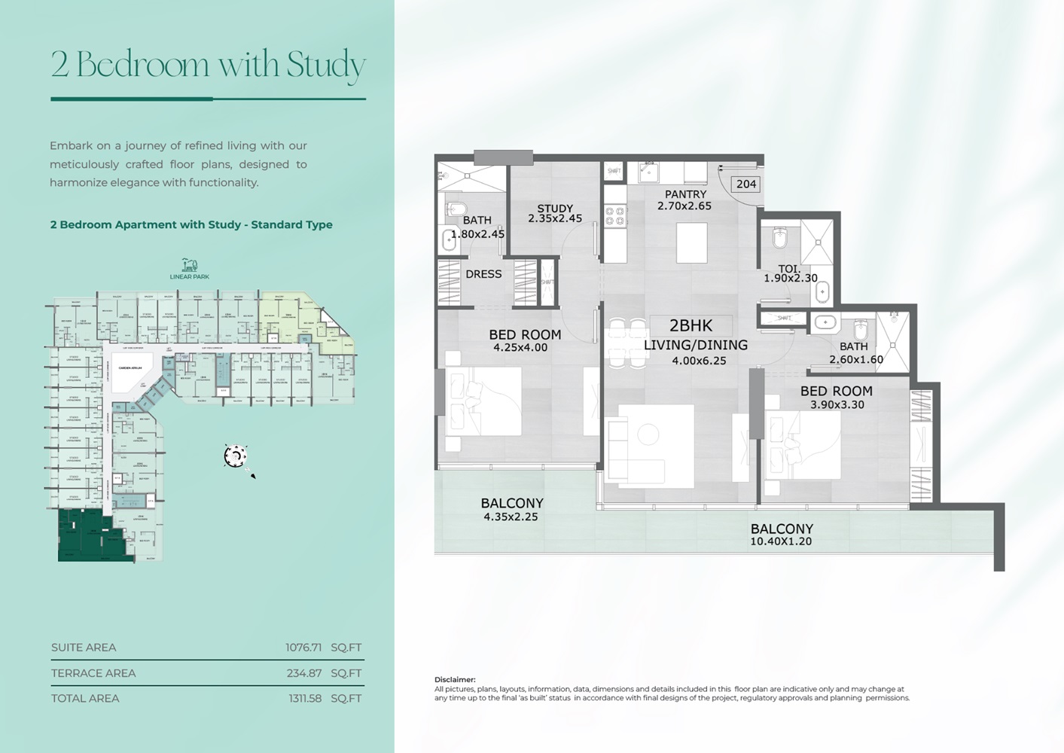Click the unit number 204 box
coord(746,184)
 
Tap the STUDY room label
coord(555,209)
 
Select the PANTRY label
coord(685,194)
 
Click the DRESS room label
coord(483,274)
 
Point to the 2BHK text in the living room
coord(691,326)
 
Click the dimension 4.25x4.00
coord(520,348)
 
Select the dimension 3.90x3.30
coord(837,404)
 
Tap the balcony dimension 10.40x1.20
coord(781,541)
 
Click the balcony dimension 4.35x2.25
coord(512,517)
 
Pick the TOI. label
coord(789,268)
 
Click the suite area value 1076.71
coord(303,648)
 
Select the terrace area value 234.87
coord(304,673)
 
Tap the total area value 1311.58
coord(305,698)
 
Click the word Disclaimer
coord(455,679)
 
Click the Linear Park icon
coord(189,264)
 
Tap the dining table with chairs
coord(627,343)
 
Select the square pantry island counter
coord(691,243)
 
